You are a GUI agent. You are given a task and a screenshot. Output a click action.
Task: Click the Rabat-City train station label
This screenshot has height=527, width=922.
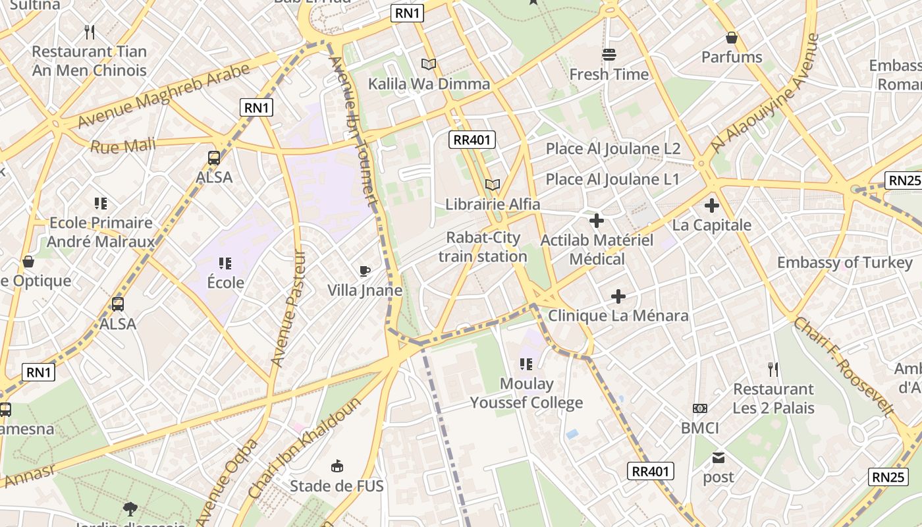click(483, 247)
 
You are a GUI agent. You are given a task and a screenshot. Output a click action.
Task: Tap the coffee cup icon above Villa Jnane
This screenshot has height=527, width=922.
click(365, 271)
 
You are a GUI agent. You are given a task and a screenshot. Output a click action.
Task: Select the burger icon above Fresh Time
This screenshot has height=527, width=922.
click(609, 55)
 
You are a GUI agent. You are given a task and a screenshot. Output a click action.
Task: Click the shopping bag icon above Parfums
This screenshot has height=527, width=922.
click(731, 38)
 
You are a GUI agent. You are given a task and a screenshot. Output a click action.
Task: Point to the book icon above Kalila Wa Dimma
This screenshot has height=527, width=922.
click(429, 65)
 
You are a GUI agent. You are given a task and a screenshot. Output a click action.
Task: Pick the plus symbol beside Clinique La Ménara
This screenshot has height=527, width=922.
click(618, 296)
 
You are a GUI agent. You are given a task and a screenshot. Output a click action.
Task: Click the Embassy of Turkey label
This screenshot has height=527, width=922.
click(845, 262)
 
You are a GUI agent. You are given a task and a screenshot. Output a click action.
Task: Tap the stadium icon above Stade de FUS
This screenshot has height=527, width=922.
click(337, 466)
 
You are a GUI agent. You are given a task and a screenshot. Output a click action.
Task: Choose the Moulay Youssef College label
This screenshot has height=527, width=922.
click(526, 393)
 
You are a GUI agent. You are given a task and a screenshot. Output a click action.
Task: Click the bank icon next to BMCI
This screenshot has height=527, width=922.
click(700, 408)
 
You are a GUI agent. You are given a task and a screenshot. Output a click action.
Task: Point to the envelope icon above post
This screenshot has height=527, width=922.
click(718, 457)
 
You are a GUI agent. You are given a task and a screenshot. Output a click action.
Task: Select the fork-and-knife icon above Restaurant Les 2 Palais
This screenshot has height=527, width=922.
click(773, 370)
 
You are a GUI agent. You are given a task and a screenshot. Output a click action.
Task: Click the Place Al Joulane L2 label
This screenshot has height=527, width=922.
click(612, 149)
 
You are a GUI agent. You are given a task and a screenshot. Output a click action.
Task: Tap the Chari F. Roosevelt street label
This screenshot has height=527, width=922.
click(844, 366)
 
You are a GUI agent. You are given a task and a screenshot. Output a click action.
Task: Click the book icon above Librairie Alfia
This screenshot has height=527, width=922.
click(493, 185)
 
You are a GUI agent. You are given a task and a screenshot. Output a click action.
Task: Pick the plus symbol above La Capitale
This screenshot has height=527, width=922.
click(711, 206)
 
